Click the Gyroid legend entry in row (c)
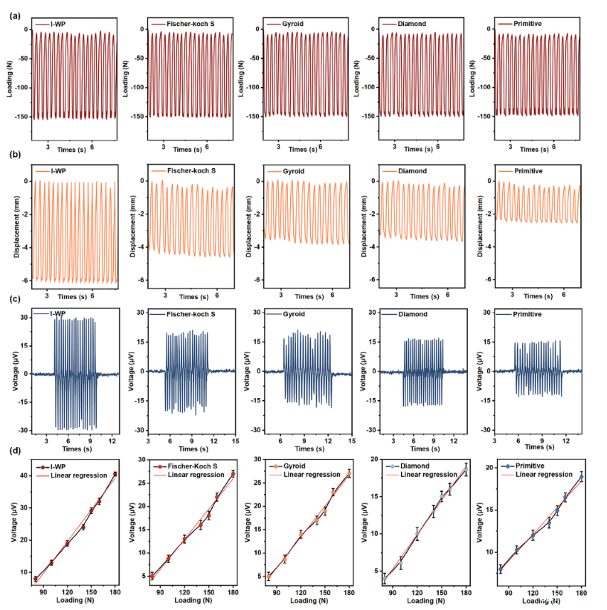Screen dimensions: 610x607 pos(295,315)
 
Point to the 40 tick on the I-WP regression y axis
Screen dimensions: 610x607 pos(24,475)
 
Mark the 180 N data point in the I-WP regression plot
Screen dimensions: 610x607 pos(115,474)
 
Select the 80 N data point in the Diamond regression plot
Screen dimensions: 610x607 pos(385,578)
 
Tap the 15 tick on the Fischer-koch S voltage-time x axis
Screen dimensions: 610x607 pos(234,440)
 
